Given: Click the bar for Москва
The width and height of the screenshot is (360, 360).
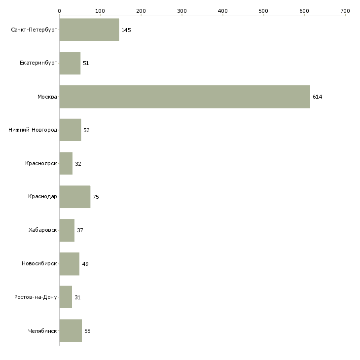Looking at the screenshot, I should (x=184, y=97).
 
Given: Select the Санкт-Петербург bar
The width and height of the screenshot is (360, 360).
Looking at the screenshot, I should (x=89, y=30).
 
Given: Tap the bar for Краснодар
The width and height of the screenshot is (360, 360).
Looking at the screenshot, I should (x=75, y=197).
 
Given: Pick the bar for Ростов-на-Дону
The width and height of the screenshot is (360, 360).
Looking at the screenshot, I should (x=66, y=297).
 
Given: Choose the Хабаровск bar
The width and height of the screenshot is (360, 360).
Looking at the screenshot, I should (x=67, y=230).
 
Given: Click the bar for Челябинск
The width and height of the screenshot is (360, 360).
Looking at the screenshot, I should (x=71, y=331).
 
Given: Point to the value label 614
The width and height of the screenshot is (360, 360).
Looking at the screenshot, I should (x=317, y=97).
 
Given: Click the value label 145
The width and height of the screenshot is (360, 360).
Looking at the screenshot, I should (x=126, y=30).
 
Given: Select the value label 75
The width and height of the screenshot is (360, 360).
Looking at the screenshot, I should (x=96, y=197).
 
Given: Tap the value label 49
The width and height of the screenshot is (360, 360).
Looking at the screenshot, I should (x=85, y=264).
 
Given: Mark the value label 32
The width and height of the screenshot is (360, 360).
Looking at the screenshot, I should (x=78, y=164).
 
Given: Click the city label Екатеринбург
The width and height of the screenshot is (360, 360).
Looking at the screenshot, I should (x=38, y=64).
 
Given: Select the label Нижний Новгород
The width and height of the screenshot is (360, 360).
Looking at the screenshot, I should (x=33, y=130).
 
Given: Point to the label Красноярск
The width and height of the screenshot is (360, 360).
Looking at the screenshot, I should (x=41, y=164).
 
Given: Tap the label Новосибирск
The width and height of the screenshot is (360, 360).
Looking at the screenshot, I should (x=39, y=264).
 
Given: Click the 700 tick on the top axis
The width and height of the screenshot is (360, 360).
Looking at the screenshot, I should (x=345, y=10).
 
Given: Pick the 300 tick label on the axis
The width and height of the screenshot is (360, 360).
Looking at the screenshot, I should (x=181, y=10).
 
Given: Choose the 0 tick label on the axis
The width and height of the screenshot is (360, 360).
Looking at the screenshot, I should (x=59, y=10).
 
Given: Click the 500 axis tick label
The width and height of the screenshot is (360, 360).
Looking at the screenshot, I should (x=263, y=10).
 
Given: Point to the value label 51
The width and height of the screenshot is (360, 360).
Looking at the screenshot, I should (x=86, y=64).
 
